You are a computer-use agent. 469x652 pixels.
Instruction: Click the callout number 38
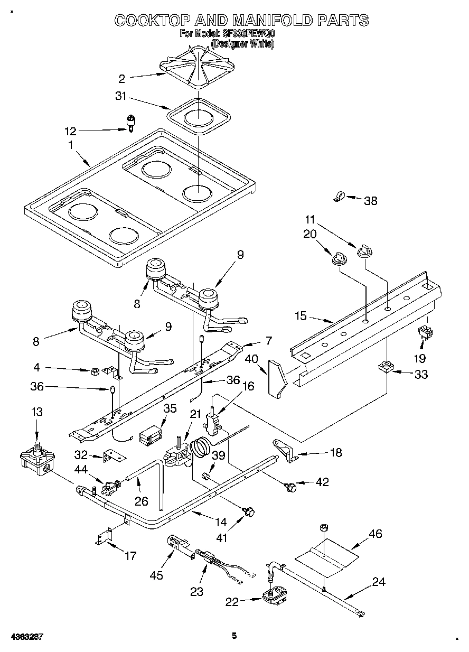[x=371, y=200]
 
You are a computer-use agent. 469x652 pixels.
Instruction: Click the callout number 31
[x=122, y=96]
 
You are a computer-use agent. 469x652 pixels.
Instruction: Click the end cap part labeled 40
[x=276, y=376]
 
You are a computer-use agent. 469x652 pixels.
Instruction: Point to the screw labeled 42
[x=289, y=487]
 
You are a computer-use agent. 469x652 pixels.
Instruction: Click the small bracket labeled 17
[x=106, y=536]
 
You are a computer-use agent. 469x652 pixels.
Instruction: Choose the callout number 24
[x=378, y=582]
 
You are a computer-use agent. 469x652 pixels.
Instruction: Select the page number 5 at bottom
[x=234, y=636]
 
